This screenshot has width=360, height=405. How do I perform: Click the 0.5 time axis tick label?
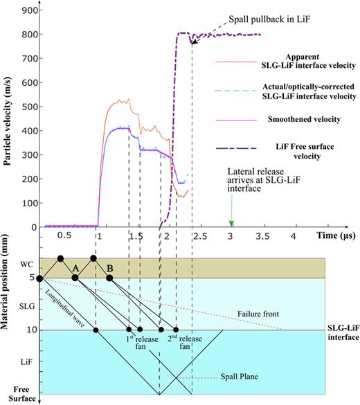(x=64, y=236)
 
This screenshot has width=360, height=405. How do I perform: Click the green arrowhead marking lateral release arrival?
(x=232, y=223)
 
